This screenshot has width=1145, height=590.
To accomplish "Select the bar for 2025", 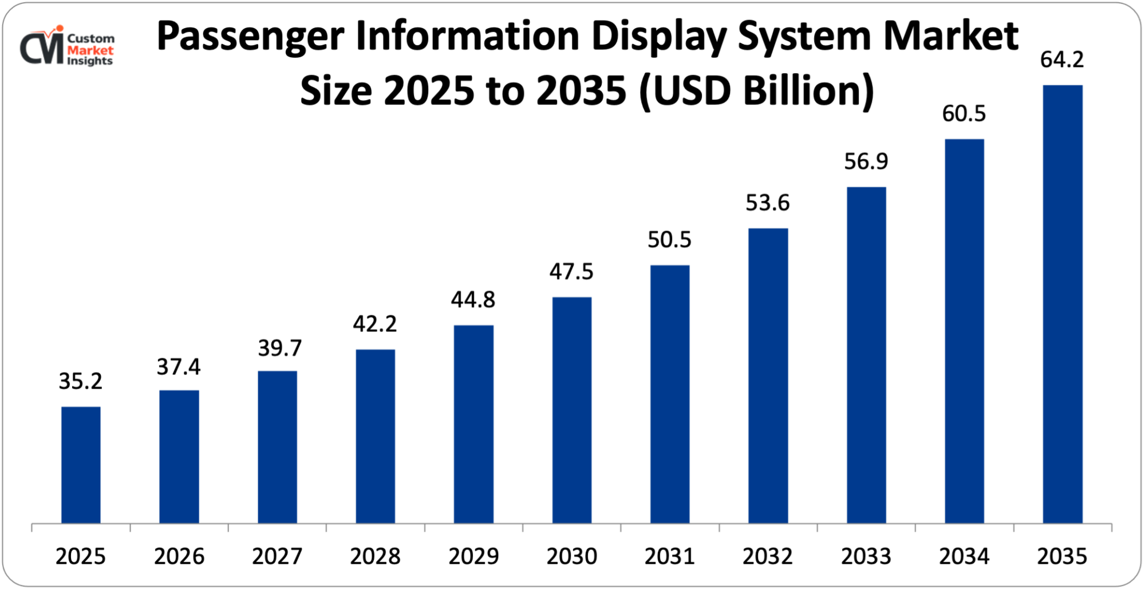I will (x=81, y=465).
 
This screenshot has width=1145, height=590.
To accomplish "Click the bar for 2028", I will (x=375, y=436).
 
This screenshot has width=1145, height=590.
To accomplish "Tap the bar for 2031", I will (x=670, y=394).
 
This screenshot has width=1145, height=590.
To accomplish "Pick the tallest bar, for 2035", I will (x=1063, y=304).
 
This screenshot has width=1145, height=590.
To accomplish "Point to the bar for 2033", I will (x=866, y=355).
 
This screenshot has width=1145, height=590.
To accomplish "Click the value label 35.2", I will (x=81, y=381).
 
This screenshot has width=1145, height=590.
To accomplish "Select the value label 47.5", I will (x=571, y=271).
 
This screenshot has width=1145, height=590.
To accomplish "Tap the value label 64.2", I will (x=1062, y=60).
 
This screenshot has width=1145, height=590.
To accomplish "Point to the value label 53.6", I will (x=768, y=203).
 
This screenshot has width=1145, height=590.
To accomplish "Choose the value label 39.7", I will (x=279, y=348).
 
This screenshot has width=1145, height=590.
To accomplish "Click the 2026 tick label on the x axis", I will (x=179, y=556).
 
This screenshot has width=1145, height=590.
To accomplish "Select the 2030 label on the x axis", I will (x=571, y=556).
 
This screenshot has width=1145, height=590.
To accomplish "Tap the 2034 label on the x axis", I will (x=964, y=556).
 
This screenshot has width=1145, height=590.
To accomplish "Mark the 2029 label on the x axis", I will (x=473, y=556).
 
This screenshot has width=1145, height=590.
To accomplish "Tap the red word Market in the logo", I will (x=90, y=50).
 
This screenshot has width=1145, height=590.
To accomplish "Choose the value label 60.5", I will (x=964, y=114).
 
